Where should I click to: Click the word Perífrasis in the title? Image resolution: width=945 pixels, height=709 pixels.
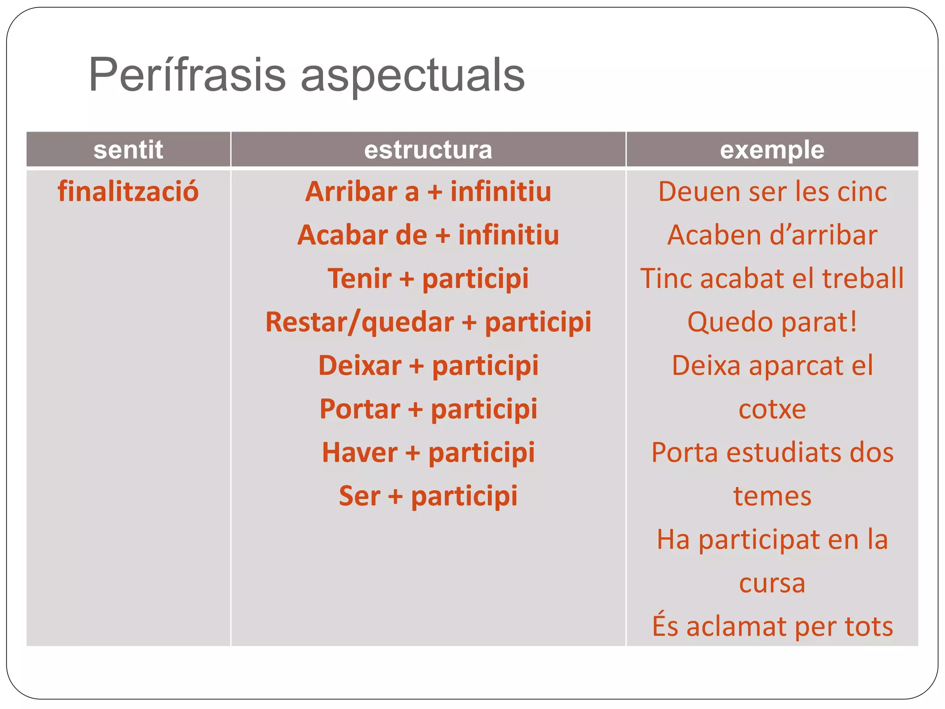point(187,75)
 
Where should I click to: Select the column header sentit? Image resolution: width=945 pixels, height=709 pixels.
point(128,150)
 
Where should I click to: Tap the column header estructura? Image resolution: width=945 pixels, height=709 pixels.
point(428,150)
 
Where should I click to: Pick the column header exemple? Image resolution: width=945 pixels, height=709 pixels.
point(772,150)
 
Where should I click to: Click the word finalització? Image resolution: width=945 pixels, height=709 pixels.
point(128,192)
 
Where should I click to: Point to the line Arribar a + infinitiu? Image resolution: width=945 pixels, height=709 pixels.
point(428,192)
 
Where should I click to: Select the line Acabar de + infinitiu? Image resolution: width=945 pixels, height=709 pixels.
point(428,235)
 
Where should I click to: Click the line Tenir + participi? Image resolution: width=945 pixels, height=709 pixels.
point(428,278)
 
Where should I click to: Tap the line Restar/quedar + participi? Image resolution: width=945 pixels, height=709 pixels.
point(428,322)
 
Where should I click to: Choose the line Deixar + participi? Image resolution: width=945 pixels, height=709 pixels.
point(428,365)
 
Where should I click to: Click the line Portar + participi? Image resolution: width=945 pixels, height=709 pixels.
point(428,409)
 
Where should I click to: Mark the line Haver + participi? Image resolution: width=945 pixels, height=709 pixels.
point(428,452)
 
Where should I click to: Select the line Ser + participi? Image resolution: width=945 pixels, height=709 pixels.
point(428,496)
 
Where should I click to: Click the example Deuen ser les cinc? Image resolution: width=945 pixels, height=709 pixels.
point(772,192)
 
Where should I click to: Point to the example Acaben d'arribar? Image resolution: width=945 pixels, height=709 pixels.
point(772,235)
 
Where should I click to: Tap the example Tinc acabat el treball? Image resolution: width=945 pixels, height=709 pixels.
point(772,278)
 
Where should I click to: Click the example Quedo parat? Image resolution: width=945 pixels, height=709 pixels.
point(772,322)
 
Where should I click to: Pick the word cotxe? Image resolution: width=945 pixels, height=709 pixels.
point(772,409)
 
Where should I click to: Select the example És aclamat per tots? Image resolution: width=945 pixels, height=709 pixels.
point(772,626)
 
